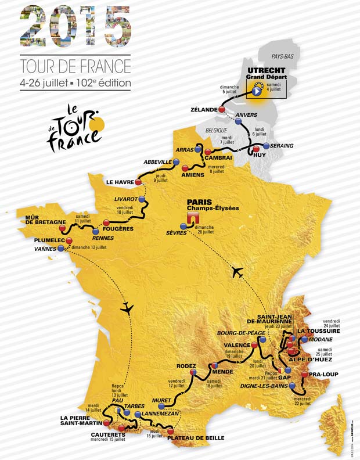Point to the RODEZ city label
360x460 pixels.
[x=188, y=366]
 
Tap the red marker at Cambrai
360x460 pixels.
[x=207, y=152]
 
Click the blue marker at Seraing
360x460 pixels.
[x=267, y=145]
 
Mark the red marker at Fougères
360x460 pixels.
[x=106, y=222]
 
